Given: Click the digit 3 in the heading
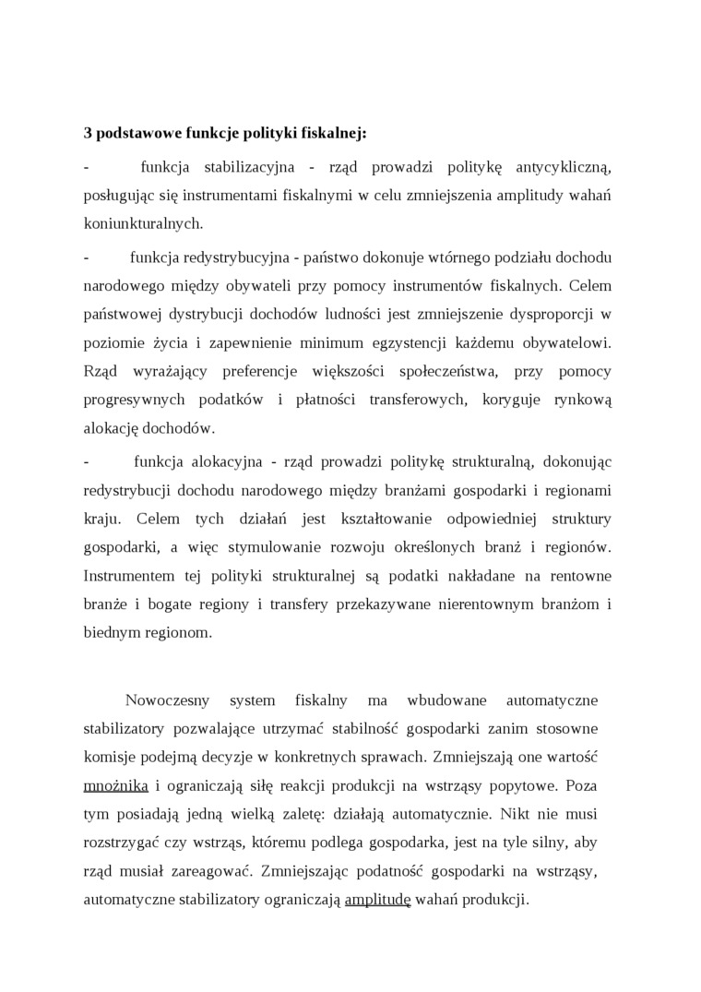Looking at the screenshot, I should [x=88, y=133].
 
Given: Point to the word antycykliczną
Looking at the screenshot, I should [x=562, y=167].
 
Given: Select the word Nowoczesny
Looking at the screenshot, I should [x=162, y=699].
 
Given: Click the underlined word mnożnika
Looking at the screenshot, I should [x=116, y=785].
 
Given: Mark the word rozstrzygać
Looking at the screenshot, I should [x=125, y=843].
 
